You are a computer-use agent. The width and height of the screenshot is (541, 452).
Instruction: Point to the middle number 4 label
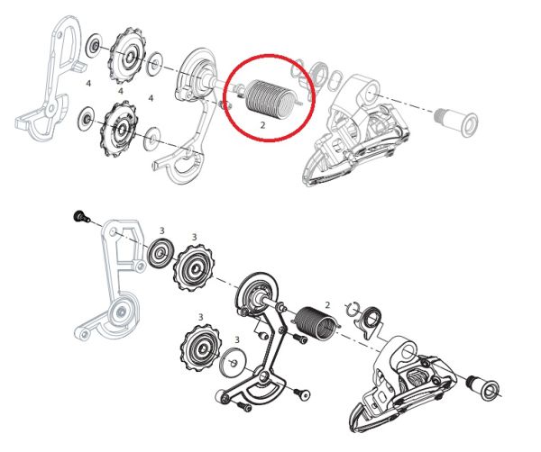tap(121, 90)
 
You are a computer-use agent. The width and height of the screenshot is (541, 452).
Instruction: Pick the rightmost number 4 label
tap(151, 95)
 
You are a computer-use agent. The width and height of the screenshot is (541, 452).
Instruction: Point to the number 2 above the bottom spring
tap(327, 306)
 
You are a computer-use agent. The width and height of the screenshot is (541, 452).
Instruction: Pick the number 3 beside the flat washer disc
tap(237, 339)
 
